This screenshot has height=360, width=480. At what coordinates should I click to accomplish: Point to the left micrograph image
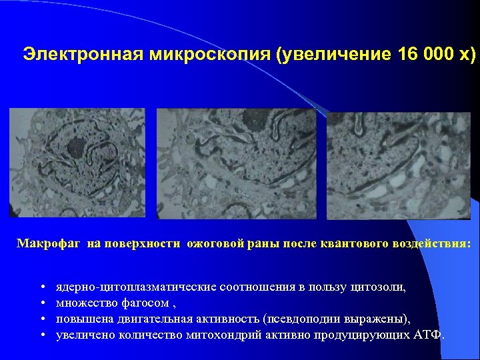pos(77,163)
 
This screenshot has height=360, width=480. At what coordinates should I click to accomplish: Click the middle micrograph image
pos(236,163)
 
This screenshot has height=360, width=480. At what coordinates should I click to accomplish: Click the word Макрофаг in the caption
pos(49,244)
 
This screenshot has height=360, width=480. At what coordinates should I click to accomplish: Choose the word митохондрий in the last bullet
pos(235,335)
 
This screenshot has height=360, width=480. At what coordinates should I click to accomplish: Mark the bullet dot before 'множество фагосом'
pos(43,303)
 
